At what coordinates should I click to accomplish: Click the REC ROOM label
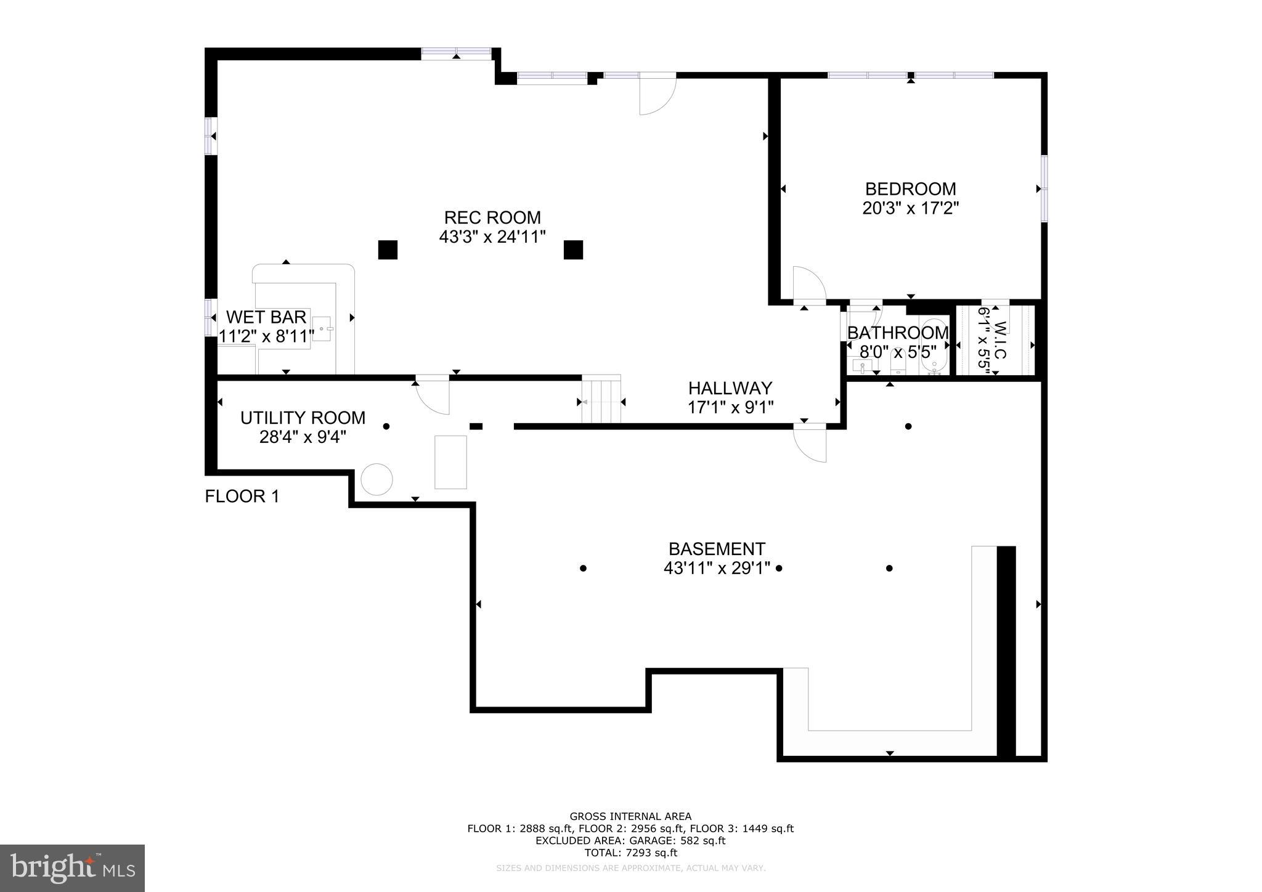click(492, 217)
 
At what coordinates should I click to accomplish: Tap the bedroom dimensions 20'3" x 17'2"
click(910, 208)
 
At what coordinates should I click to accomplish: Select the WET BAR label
click(266, 317)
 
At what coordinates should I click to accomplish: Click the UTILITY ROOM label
click(303, 418)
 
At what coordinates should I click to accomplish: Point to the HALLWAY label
click(730, 388)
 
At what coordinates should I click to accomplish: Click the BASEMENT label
click(717, 549)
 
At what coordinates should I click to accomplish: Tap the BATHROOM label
click(897, 333)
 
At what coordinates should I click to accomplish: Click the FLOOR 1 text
click(242, 497)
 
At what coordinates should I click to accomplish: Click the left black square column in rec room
click(388, 249)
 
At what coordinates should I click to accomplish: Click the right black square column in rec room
click(573, 249)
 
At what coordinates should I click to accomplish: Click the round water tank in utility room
click(377, 479)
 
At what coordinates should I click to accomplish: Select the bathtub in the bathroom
click(935, 347)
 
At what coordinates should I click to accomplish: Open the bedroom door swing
click(808, 285)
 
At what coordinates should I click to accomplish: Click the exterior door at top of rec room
click(657, 94)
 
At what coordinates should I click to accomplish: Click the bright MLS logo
click(72, 869)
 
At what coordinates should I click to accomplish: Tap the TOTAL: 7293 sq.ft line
click(630, 853)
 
